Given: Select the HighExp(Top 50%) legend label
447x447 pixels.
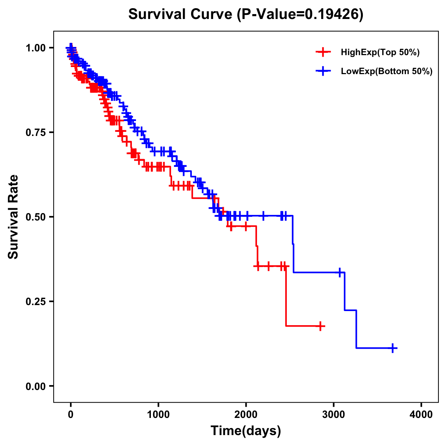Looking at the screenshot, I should tap(380, 53).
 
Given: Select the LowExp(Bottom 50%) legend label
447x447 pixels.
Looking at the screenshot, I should tap(387, 71).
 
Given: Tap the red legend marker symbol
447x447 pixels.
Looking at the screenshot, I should tap(323, 53).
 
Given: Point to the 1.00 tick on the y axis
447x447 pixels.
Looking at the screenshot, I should tap(36, 48).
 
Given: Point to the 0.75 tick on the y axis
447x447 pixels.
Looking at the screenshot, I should tap(36, 132).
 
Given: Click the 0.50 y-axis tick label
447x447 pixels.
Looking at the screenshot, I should tap(36, 217).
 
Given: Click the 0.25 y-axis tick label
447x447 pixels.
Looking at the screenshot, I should tap(36, 301).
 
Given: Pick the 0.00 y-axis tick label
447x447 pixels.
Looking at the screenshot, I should tap(36, 386).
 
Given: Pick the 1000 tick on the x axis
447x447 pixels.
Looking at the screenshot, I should tap(158, 415).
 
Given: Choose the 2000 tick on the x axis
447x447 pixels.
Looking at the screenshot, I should tap(246, 415).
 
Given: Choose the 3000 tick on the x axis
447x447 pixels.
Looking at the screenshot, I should tap(334, 415).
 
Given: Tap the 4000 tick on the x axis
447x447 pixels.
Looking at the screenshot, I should tap(421, 415).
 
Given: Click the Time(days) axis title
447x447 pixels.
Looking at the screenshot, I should tap(246, 431).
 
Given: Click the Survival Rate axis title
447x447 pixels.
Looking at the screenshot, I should tap(13, 216).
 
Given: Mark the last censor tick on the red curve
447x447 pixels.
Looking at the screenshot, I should tap(320, 326).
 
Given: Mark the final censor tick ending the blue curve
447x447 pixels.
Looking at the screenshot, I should tap(393, 348).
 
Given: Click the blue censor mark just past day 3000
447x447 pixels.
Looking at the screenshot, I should tap(340, 272).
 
